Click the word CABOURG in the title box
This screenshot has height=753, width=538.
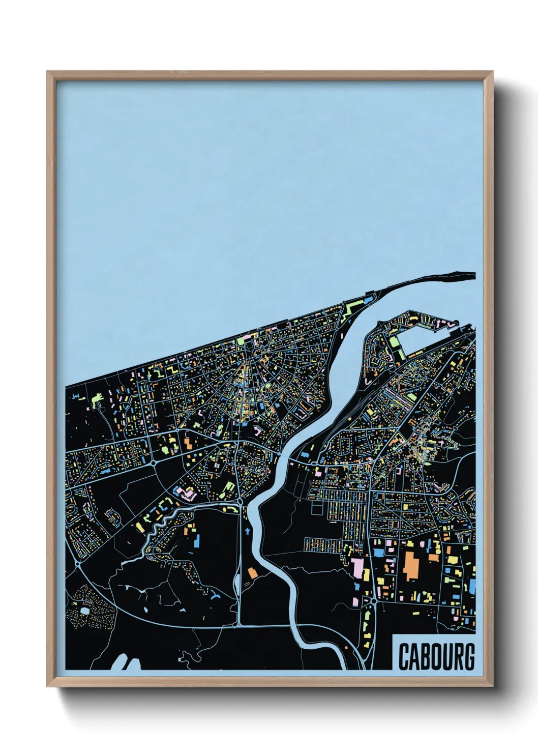point(436,656)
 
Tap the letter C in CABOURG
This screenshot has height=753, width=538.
point(403,656)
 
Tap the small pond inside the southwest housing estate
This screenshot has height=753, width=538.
point(84,610)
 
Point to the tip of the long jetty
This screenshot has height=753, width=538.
point(473,275)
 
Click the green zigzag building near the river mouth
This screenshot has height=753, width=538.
point(351,310)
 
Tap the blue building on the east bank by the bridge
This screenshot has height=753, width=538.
point(306,454)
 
